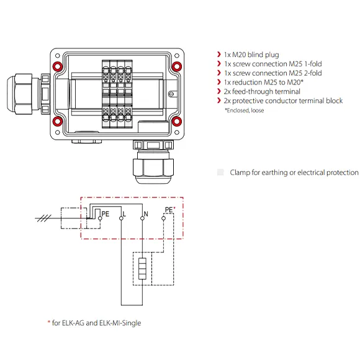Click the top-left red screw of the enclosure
(57, 66)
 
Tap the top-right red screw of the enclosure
(176, 66)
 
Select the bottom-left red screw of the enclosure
(57, 120)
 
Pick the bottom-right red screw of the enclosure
(176, 120)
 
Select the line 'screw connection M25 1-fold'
(274, 65)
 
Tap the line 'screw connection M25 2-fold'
(274, 73)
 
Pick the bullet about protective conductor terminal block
(282, 101)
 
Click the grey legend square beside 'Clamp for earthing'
(220, 173)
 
